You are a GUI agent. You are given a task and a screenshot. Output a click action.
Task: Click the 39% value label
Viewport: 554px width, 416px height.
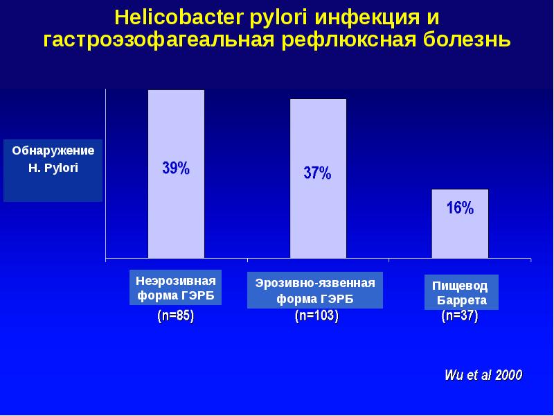click(x=176, y=168)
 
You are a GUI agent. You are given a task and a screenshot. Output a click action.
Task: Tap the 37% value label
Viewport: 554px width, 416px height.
click(x=317, y=174)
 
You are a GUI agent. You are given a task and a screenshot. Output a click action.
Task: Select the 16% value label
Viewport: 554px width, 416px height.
click(x=460, y=208)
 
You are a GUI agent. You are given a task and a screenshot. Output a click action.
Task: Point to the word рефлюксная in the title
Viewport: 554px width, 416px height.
click(x=349, y=40)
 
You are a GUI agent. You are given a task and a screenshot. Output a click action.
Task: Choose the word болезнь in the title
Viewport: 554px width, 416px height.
click(x=467, y=40)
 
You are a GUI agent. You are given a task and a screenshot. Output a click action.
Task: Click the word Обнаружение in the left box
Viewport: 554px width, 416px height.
click(x=53, y=150)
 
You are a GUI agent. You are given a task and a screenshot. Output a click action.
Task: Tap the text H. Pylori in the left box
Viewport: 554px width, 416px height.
click(x=53, y=168)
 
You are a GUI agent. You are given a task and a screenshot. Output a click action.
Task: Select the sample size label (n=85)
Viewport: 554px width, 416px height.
click(x=176, y=316)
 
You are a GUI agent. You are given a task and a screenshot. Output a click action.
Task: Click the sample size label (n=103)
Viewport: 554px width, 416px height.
click(x=316, y=317)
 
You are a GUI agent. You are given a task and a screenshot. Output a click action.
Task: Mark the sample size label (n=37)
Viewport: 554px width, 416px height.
click(x=460, y=317)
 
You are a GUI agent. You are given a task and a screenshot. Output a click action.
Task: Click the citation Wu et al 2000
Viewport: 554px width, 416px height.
click(x=483, y=375)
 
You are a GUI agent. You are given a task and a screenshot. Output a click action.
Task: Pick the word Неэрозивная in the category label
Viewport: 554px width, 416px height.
click(x=176, y=281)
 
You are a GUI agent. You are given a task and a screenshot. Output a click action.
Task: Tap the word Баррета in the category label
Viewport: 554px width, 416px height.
click(x=461, y=301)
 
